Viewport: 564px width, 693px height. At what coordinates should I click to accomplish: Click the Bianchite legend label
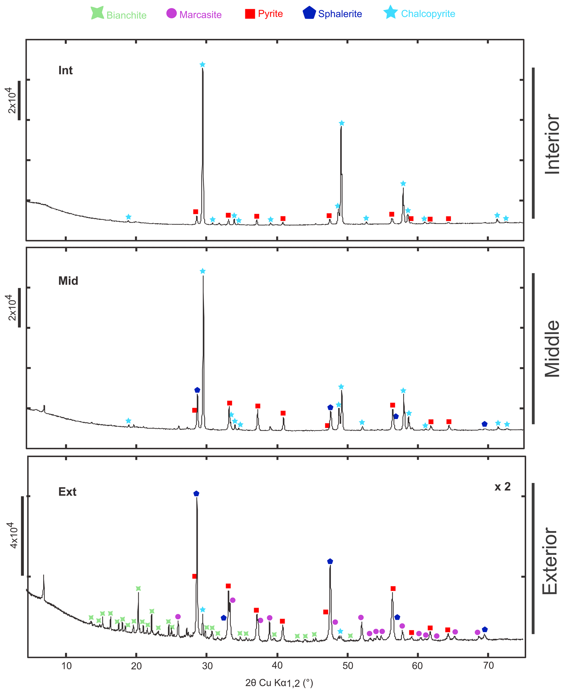pos(126,15)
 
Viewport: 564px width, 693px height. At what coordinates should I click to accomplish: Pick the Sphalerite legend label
pos(340,14)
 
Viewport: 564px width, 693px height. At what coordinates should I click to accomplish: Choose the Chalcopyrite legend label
pos(428,14)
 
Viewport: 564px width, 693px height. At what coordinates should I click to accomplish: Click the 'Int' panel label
pos(65,70)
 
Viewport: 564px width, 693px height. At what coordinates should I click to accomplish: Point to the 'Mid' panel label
pos(68,281)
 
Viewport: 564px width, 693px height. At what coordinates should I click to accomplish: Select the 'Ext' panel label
pos(67,492)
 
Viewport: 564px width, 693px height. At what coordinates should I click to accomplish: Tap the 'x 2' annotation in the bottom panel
pos(502,487)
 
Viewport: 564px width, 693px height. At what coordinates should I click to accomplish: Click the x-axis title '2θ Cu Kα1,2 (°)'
pos(279,683)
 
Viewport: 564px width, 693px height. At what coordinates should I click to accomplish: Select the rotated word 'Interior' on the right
pos(552,144)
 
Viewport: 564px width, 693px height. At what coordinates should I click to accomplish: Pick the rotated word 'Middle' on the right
pos(552,349)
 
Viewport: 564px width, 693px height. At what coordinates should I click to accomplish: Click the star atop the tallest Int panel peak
pos(202,65)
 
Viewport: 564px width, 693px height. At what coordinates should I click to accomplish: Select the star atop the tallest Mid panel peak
pos(203,271)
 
